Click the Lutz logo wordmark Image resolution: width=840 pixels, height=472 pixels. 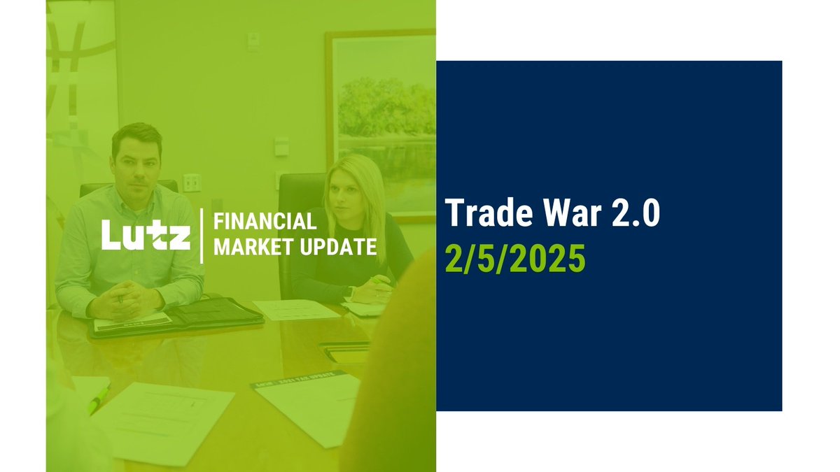146,235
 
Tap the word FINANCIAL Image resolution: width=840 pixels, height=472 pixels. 264,222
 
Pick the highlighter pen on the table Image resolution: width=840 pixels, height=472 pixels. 99,400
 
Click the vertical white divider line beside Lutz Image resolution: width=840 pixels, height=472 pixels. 202,235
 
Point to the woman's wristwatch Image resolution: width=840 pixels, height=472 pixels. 351,292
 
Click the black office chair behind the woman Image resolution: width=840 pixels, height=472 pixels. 297,210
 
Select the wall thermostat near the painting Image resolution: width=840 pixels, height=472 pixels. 281,146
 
